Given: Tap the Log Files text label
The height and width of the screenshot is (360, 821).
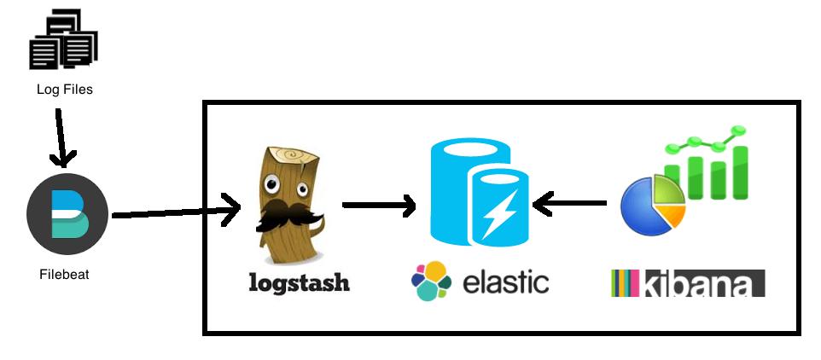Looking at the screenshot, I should [65, 89].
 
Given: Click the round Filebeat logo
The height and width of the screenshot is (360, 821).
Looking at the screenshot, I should [67, 214].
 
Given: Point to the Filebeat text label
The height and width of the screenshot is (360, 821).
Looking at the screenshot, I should [64, 275].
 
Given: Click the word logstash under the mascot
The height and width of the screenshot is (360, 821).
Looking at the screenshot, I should [299, 282].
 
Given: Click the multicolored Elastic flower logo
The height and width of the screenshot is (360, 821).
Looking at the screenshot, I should [431, 282].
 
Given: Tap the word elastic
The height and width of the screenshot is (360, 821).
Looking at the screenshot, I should [505, 282].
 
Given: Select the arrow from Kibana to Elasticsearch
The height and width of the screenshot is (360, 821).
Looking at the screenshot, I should [569, 204].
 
